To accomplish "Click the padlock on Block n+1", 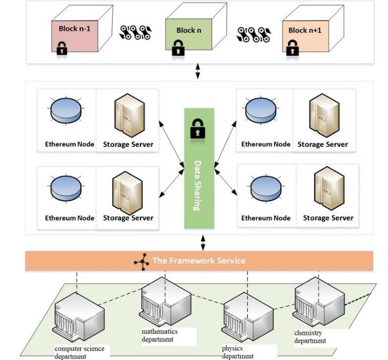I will (292, 50).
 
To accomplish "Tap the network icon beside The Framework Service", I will (142, 261).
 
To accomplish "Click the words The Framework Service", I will (199, 261).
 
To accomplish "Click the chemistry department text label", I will (310, 337).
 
